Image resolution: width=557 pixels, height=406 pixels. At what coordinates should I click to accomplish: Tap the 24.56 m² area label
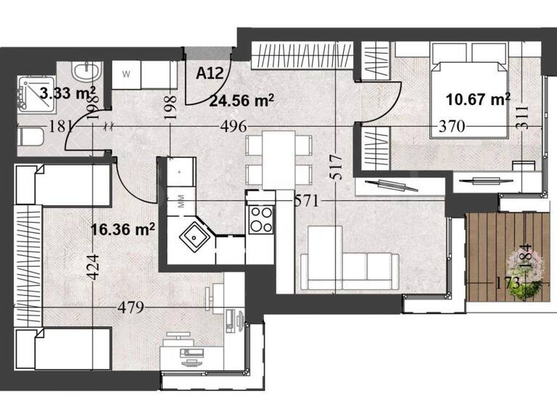pos(241,101)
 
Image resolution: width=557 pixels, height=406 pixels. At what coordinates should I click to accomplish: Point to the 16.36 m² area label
pos(123,230)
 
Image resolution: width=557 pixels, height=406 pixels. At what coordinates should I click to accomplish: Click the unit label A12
pos(210,72)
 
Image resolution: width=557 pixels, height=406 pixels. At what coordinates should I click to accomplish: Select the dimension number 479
pos(131,307)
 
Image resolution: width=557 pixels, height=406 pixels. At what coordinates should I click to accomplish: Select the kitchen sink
pos(194,236)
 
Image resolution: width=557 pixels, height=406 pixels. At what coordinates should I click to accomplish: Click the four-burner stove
pos(261,219)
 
